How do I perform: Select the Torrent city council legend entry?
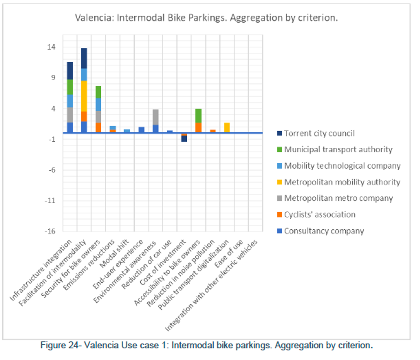[x=319, y=133]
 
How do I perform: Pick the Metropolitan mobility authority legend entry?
[x=342, y=182]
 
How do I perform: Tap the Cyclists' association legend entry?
[x=320, y=214]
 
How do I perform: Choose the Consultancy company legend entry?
[x=324, y=231]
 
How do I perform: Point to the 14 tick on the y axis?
[x=51, y=47]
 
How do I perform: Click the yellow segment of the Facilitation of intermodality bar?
[x=84, y=96]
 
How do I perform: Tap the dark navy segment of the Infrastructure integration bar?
[x=70, y=71]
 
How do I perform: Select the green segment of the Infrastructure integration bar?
[x=70, y=87]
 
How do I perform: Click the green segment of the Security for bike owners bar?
[x=98, y=92]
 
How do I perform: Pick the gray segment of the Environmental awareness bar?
[x=155, y=117]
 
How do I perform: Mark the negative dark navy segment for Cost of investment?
[x=184, y=139]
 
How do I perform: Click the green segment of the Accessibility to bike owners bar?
[x=198, y=116]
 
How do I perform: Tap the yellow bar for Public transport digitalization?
[x=227, y=127]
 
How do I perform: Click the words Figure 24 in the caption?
[x=58, y=346]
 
